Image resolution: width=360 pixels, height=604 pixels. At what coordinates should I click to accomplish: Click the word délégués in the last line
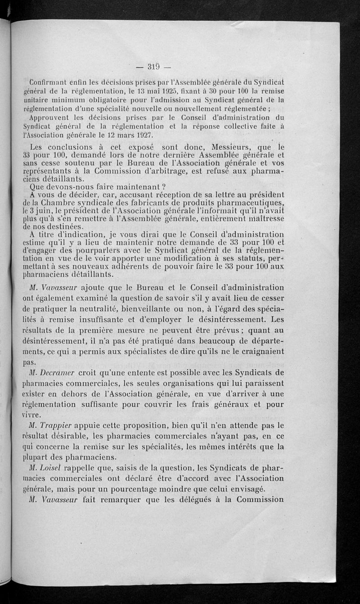pyautogui.click(x=203, y=500)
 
